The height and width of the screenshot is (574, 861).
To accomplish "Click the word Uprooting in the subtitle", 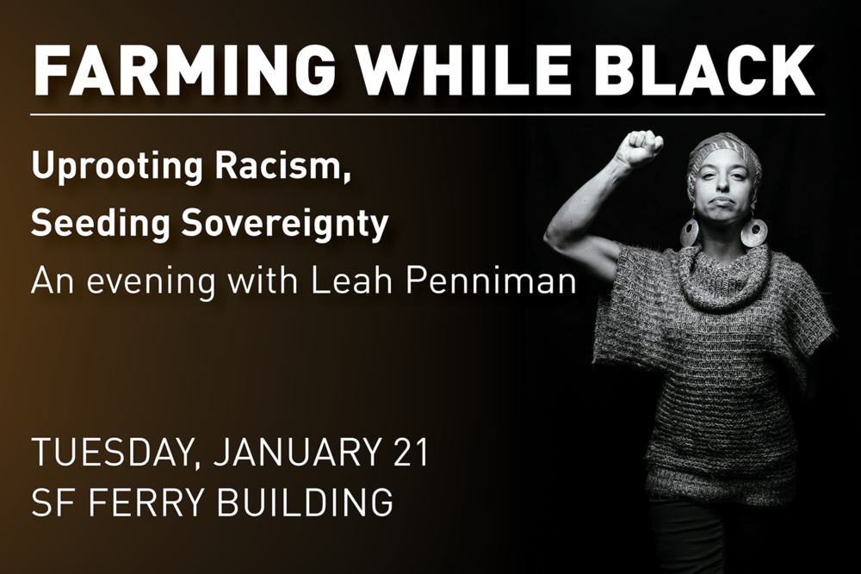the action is coord(118,169).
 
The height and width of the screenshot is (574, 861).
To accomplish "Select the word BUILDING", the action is coord(305,501).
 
